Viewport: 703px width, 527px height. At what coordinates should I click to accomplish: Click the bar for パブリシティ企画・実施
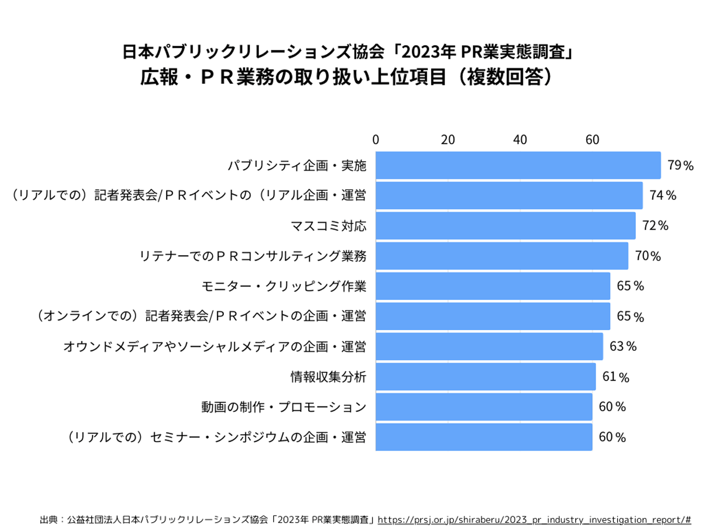[518, 165]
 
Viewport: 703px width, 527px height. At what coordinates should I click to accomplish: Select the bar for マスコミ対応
[505, 225]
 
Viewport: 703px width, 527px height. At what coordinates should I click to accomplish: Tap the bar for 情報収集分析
[485, 377]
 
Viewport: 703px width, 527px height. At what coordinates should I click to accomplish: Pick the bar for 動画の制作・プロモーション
[483, 407]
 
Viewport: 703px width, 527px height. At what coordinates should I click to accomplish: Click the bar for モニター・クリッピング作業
[493, 286]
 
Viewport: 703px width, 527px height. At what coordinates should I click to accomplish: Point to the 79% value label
[680, 165]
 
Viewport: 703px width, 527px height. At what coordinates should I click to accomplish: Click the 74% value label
[662, 195]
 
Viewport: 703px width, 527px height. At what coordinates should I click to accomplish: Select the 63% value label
[623, 346]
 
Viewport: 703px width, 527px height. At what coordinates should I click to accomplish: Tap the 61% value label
[615, 377]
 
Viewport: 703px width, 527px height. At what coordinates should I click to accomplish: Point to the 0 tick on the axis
[376, 140]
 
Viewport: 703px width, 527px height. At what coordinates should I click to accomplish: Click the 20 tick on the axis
[448, 140]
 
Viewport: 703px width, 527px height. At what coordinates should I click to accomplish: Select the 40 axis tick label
[520, 140]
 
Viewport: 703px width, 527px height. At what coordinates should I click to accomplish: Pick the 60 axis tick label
[592, 140]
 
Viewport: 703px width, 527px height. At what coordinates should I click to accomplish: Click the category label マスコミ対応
[328, 225]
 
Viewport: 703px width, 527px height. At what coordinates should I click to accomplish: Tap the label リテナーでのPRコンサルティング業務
[253, 256]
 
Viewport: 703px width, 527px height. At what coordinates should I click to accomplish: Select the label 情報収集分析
[328, 377]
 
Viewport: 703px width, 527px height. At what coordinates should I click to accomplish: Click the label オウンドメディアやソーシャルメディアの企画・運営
[215, 346]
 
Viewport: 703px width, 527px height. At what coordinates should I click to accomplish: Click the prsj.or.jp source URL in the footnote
[534, 520]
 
